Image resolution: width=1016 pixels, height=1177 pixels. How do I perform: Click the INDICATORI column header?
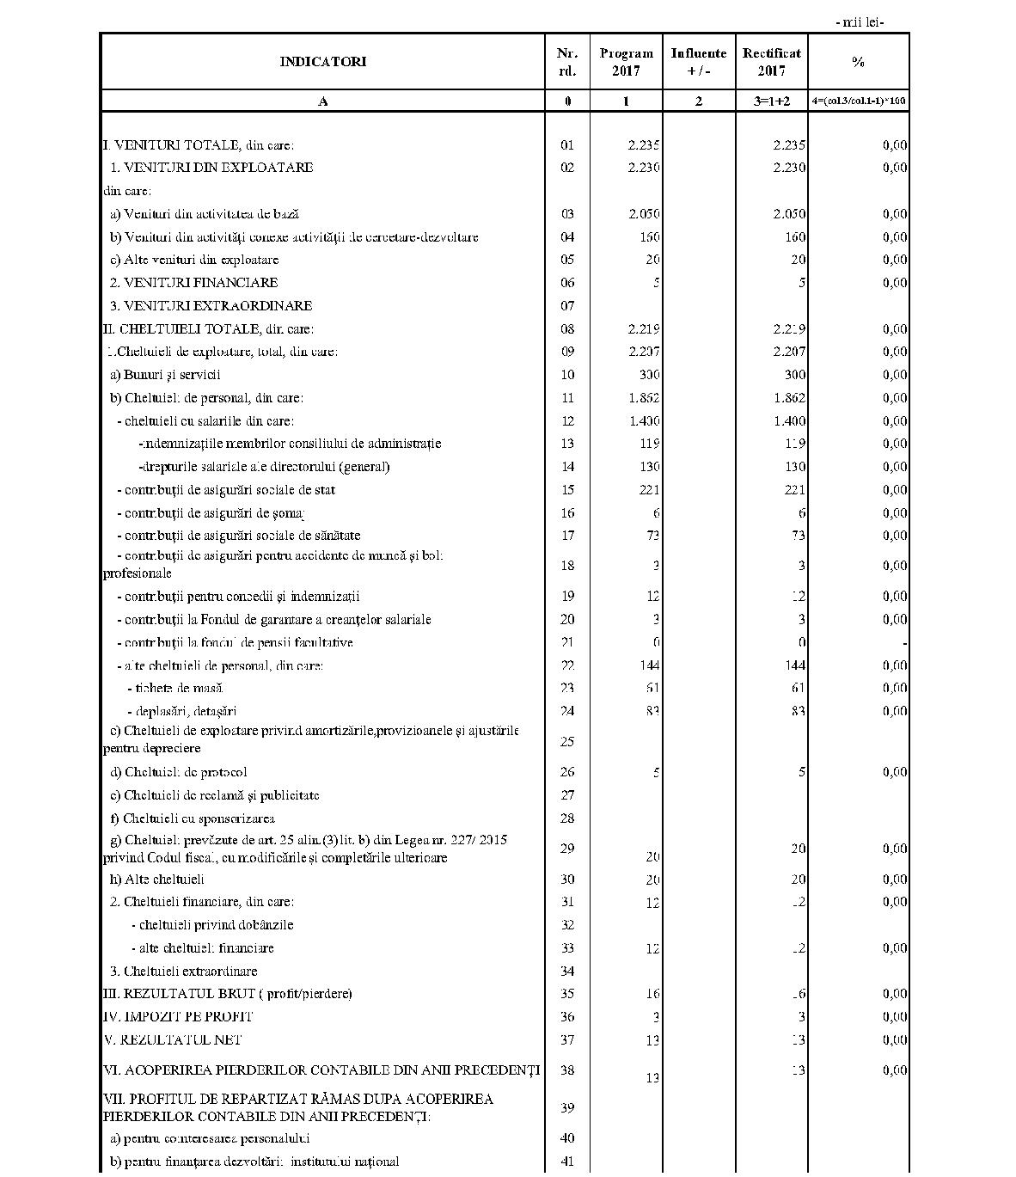pos(323,62)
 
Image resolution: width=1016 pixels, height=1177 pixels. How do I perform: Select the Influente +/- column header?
pos(698,62)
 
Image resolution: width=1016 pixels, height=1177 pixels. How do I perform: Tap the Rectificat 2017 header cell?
pos(771,62)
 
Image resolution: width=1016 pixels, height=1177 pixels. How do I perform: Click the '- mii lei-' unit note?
pos(859,22)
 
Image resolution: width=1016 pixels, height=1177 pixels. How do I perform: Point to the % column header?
pos(857,62)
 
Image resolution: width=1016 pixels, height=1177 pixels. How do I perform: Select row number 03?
pos(566,214)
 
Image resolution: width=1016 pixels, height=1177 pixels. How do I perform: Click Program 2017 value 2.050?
pos(644,214)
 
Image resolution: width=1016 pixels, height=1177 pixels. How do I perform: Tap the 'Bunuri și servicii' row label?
pos(166,375)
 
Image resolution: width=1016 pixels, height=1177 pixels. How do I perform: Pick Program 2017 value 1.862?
pos(644,398)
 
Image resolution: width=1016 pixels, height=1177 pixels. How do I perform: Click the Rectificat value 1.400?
pos(789,421)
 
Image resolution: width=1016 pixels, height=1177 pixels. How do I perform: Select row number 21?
pos(566,642)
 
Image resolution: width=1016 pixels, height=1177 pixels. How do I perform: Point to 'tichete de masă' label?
pos(175,688)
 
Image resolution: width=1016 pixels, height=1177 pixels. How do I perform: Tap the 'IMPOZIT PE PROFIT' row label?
pos(178,1017)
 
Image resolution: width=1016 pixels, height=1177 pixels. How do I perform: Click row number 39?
pos(566,1107)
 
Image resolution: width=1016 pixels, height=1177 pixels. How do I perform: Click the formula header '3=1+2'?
pos(771,101)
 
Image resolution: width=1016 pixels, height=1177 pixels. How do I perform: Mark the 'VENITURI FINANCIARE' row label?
pos(194,283)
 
